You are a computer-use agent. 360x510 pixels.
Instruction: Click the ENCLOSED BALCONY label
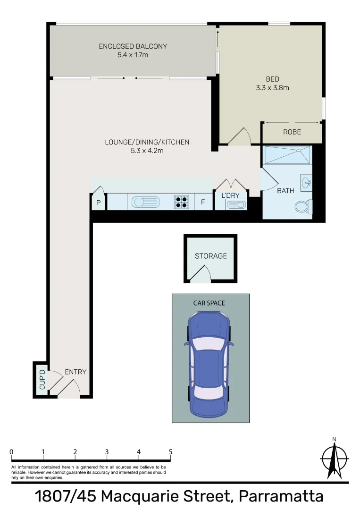point(133,46)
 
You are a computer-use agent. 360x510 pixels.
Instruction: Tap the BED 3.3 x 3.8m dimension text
point(272,87)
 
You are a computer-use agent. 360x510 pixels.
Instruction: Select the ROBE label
point(292,132)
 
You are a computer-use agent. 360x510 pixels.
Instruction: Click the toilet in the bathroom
point(302,206)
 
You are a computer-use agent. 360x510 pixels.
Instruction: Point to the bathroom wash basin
point(306,182)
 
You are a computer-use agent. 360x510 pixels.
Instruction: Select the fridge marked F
point(203,202)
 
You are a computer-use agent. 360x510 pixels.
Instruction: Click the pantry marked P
point(99,203)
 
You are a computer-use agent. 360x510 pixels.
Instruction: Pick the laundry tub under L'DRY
point(235,204)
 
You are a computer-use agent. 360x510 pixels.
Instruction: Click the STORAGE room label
point(211,256)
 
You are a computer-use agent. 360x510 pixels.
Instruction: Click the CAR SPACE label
point(209,303)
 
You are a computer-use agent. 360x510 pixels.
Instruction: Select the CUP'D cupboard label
point(42,380)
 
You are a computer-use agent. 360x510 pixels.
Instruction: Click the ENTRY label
point(75,372)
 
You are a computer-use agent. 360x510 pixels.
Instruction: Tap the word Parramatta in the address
point(281,497)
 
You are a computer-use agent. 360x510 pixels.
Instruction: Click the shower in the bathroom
point(287,155)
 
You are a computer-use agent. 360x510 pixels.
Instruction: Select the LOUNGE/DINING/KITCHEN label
point(147,142)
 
